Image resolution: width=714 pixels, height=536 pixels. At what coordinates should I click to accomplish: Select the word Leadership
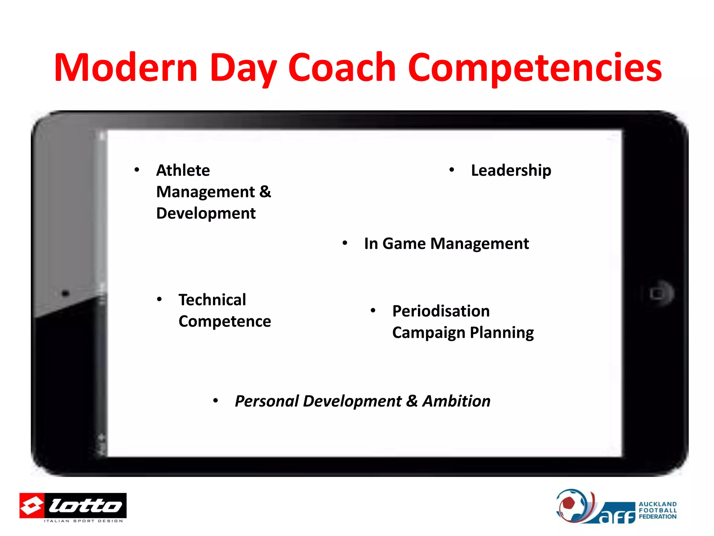point(511,171)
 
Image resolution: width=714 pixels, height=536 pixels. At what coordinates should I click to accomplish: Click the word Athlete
point(183,171)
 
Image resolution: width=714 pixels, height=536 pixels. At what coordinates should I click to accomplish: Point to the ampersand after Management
point(265,192)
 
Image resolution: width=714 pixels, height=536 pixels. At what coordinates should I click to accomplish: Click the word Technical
point(212,300)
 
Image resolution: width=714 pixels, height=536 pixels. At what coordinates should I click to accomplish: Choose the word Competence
point(225,321)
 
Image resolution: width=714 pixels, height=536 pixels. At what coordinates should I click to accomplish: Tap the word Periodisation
point(441,311)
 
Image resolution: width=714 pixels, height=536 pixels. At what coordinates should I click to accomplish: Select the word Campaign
point(428,333)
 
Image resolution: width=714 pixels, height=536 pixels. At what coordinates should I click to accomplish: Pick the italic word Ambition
point(456,401)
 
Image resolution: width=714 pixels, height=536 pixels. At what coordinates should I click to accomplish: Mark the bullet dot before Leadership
point(451,170)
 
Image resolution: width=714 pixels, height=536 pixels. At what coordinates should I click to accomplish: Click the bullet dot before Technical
point(159,299)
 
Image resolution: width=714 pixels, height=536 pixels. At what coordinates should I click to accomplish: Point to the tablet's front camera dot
point(66,293)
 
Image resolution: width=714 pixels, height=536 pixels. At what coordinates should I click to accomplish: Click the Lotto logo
point(73,506)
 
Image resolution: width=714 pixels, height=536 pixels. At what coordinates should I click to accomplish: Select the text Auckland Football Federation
point(657,510)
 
